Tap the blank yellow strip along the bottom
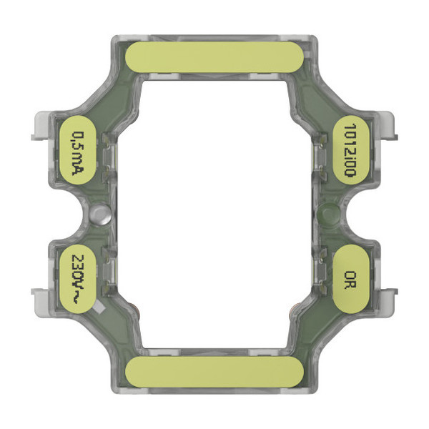coord(214,372)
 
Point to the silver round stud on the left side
coord(101,212)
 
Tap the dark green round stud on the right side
coord(329,212)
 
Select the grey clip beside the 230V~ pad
coord(41,294)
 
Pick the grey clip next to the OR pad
coord(387,294)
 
